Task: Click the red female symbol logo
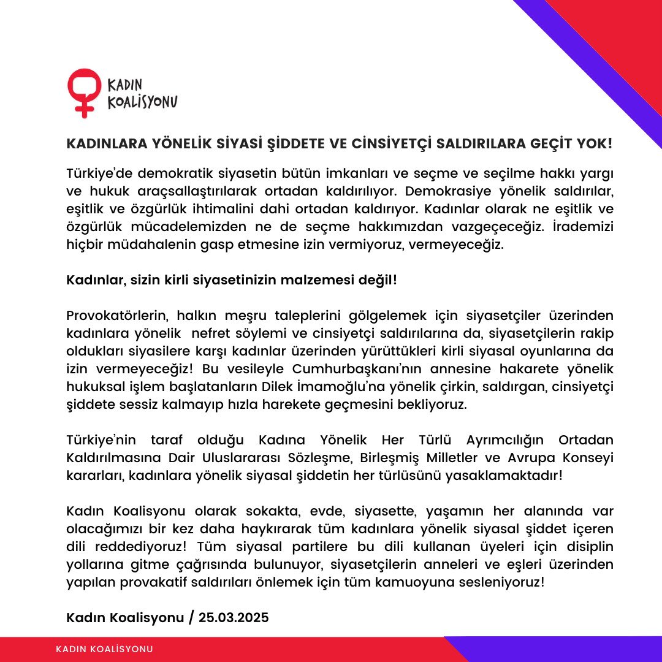84,92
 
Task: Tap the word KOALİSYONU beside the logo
143,102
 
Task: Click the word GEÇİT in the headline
540,144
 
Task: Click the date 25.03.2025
233,617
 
